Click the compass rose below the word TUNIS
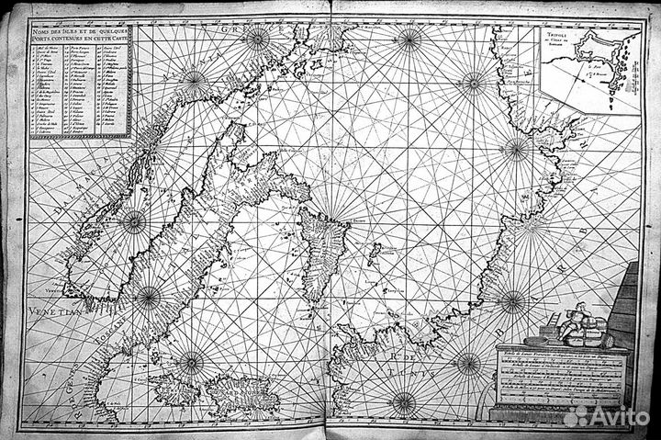(403, 401)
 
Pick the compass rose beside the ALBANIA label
(195, 79)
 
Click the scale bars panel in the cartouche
(559, 380)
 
